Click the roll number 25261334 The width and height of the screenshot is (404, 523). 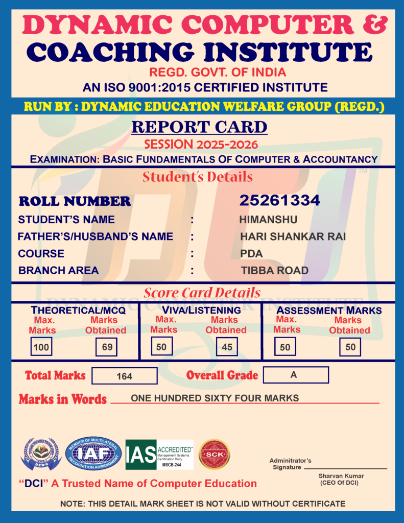click(x=280, y=201)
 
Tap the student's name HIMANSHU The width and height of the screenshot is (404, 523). click(x=268, y=220)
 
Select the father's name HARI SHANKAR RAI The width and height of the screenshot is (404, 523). click(x=293, y=237)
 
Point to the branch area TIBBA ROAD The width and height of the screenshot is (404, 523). click(x=275, y=270)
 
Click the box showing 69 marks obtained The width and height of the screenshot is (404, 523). click(x=107, y=347)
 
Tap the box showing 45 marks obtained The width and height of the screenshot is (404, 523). click(x=227, y=347)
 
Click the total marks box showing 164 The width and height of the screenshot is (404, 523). click(x=124, y=376)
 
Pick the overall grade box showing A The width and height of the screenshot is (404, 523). click(x=295, y=375)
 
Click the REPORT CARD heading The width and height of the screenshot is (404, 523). click(x=199, y=127)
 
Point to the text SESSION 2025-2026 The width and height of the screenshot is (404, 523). click(x=201, y=144)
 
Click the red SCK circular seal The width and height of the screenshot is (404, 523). click(x=214, y=454)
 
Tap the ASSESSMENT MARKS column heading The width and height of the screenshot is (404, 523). click(x=329, y=311)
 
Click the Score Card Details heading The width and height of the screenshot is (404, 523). click(x=202, y=293)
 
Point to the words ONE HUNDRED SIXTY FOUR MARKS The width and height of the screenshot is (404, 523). click(x=215, y=398)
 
